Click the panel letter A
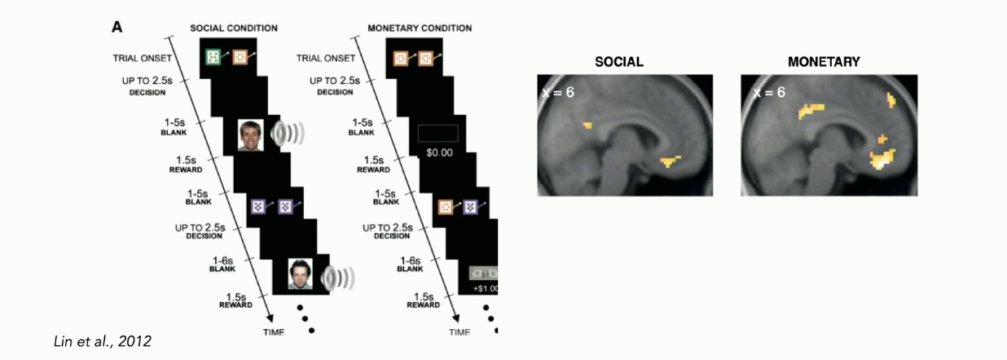click(x=117, y=27)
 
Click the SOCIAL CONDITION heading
click(x=234, y=28)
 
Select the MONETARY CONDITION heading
click(x=420, y=28)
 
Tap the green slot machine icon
click(x=213, y=58)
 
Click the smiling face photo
click(x=250, y=135)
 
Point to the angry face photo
click(x=301, y=274)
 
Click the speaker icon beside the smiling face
click(x=288, y=134)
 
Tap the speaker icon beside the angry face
click(x=337, y=279)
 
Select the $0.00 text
click(x=439, y=153)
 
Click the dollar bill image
click(x=483, y=274)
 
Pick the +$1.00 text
click(x=486, y=288)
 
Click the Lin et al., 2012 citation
click(x=103, y=341)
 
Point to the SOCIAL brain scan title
click(x=619, y=62)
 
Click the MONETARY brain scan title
click(x=824, y=62)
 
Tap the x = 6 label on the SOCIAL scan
click(x=558, y=92)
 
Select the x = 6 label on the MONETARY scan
click(x=769, y=92)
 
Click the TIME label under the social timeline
click(x=274, y=332)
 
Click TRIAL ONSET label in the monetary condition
click(x=325, y=58)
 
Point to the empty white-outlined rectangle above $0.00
click(x=438, y=134)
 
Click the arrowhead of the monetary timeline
click(x=456, y=318)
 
